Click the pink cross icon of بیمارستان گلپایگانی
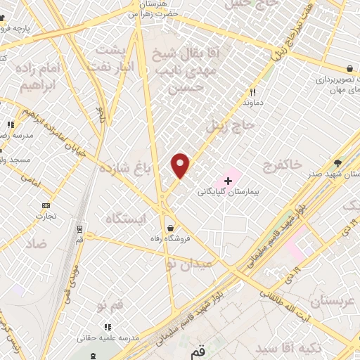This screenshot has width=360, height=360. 228,180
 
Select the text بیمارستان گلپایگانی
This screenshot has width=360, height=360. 220,191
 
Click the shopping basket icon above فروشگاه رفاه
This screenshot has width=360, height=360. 172,227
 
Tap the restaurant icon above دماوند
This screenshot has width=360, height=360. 253,92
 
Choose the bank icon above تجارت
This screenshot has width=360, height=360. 46,205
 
